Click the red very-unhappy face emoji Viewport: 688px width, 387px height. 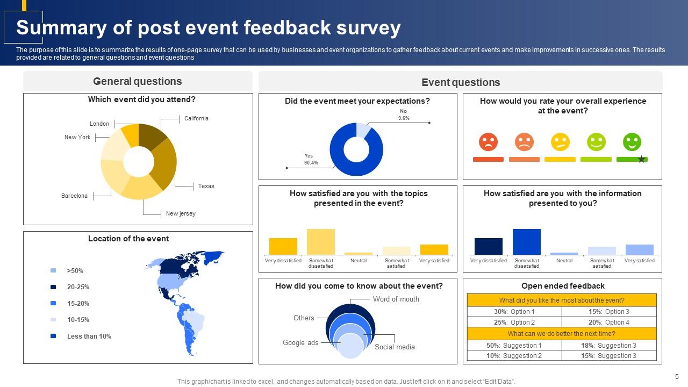[x=488, y=142]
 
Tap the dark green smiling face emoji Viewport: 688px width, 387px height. [x=632, y=142]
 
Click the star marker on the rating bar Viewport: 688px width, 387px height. [x=641, y=159]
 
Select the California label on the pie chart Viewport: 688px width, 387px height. [x=196, y=118]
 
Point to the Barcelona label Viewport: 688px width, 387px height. [x=74, y=196]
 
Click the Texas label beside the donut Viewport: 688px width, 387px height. [x=206, y=186]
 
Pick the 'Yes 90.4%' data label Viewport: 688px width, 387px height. [x=311, y=159]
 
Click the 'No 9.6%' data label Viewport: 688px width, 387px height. [x=404, y=114]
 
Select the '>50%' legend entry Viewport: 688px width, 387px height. [x=75, y=271]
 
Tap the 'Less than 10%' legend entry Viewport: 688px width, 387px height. [x=89, y=336]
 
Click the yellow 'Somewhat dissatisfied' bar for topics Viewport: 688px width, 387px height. [x=321, y=242]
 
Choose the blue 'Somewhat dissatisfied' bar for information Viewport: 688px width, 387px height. [x=526, y=242]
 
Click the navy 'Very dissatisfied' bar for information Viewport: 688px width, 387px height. [x=488, y=246]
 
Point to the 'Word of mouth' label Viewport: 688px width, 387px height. [x=396, y=299]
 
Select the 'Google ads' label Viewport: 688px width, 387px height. [x=300, y=343]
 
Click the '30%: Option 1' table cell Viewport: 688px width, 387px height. [x=514, y=312]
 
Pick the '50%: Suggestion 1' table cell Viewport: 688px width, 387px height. [x=514, y=346]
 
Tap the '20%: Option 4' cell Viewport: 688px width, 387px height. [x=609, y=322]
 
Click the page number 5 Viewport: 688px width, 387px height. [x=677, y=377]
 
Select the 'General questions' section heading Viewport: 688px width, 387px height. [x=137, y=81]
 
